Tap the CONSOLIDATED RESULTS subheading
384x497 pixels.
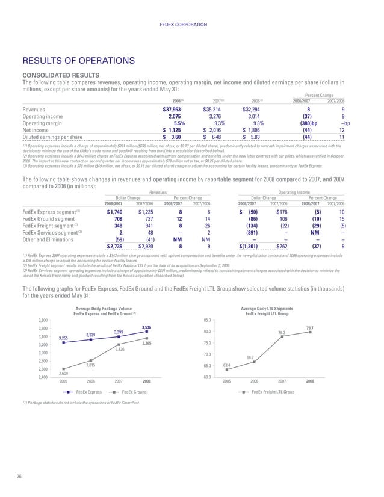click(57, 75)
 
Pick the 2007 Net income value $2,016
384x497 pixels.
click(215, 129)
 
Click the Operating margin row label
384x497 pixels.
click(45, 123)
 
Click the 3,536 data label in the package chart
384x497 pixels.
click(146, 327)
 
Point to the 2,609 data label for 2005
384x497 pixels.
click(63, 374)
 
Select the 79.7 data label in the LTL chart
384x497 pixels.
click(309, 327)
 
